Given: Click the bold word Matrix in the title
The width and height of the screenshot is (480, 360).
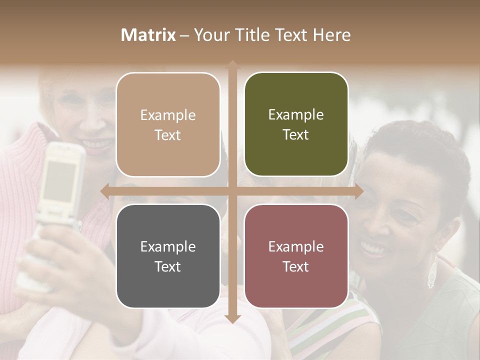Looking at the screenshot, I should click(148, 35).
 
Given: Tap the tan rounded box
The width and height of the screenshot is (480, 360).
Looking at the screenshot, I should click(168, 124).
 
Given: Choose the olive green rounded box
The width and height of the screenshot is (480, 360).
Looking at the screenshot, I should click(296, 124).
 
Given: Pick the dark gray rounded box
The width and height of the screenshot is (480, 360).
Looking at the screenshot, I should click(168, 256).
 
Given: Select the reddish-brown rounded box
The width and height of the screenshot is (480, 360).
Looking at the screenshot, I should click(296, 256).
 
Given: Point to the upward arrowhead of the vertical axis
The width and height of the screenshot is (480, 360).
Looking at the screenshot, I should click(232, 64).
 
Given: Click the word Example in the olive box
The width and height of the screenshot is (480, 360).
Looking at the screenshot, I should click(296, 114).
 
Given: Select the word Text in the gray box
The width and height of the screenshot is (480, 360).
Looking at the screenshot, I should click(168, 266).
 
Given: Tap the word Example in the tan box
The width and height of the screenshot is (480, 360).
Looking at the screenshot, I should click(168, 115).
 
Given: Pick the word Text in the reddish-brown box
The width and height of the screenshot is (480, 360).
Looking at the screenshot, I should click(296, 266).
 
